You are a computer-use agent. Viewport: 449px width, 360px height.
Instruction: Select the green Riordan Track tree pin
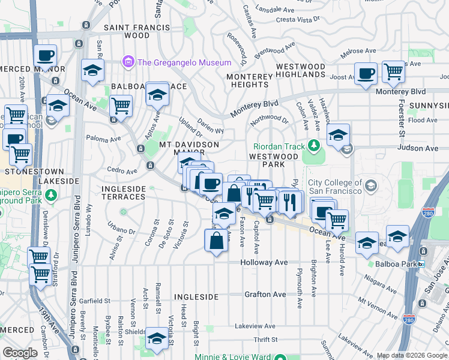click(313, 146)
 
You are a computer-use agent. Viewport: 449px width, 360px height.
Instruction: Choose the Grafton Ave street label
click(265, 295)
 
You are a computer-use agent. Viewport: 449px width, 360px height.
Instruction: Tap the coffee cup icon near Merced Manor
click(46, 56)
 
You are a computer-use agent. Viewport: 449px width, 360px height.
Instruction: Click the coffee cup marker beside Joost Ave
click(366, 74)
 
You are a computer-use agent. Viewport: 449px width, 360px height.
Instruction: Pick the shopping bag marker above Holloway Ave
click(216, 241)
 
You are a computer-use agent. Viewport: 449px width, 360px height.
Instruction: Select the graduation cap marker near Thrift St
click(157, 337)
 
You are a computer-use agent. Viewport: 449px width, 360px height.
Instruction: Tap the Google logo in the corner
click(20, 353)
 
